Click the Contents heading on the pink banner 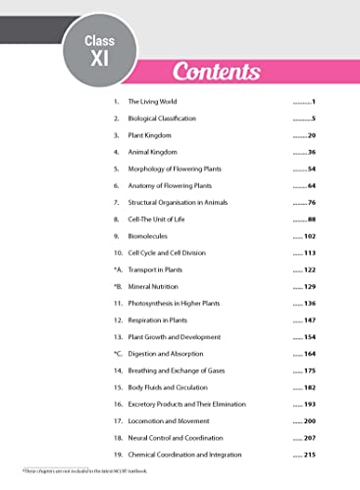[216, 72]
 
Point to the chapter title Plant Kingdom [150, 135]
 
